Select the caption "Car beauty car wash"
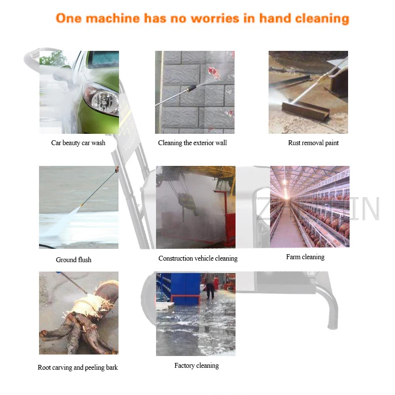point(78,143)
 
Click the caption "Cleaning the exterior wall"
point(193,143)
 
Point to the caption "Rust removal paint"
point(314,143)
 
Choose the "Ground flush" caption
point(74,260)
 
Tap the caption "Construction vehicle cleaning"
point(198,258)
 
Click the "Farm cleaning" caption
point(305,257)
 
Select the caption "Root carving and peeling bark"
point(78,367)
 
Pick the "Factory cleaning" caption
point(197,365)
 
